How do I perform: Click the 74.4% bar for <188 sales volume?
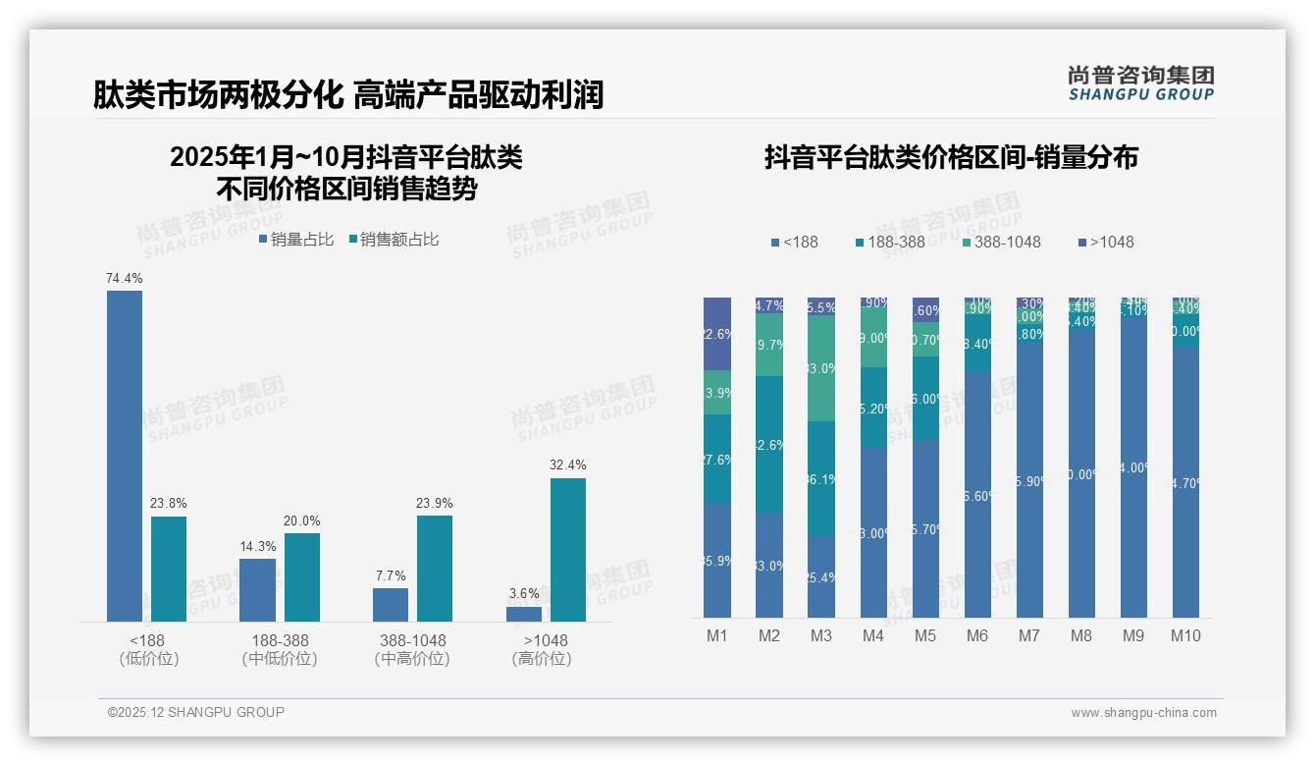pos(125,456)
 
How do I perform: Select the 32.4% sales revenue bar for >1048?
pos(567,550)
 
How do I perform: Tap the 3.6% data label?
pos(524,594)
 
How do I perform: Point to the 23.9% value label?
pos(435,503)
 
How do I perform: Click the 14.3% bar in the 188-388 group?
pos(257,589)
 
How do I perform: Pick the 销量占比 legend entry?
pos(295,240)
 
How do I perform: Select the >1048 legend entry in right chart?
pos(1105,242)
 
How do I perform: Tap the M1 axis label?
pos(717,635)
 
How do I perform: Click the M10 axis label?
pos(1185,635)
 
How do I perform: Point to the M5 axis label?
pos(925,635)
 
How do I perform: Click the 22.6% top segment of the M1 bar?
pos(717,333)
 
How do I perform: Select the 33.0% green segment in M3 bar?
pos(821,368)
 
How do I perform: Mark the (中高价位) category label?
pos(412,659)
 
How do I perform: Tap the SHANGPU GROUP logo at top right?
pos(1140,83)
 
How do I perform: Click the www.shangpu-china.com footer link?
pos(1143,713)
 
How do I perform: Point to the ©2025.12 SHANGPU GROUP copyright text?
pos(196,712)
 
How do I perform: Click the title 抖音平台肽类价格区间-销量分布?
pos(950,158)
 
